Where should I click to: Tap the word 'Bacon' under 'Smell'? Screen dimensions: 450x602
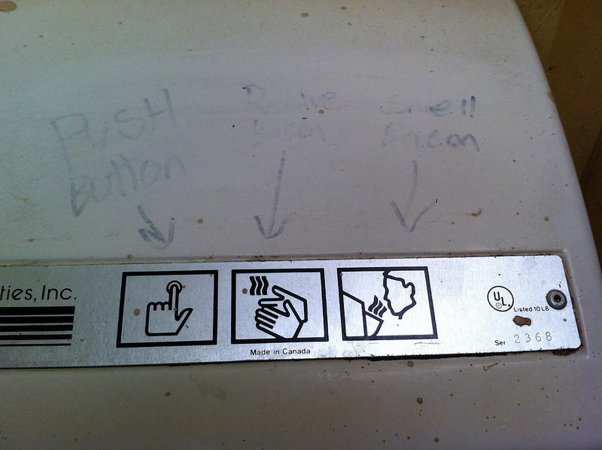pos(430,138)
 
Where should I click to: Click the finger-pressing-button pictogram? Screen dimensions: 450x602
pos(168,309)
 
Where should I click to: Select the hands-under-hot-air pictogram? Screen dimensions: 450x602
pos(279,306)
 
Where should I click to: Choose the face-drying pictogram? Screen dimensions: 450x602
pos(387,303)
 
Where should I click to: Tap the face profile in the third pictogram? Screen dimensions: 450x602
pos(399,295)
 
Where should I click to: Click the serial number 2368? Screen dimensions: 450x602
pos(533,337)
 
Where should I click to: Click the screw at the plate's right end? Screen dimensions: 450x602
pos(557,298)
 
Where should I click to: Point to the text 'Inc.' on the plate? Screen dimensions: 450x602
pos(59,293)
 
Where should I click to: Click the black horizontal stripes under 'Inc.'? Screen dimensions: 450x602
pos(38,325)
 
